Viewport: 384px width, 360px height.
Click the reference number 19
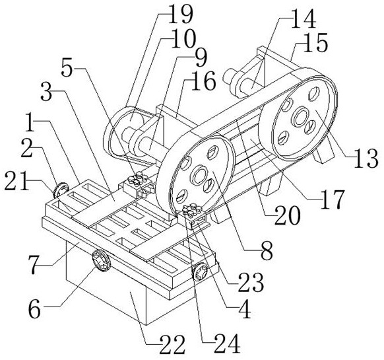point(181,15)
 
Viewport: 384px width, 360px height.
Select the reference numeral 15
point(315,44)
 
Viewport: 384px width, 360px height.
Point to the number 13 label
point(366,159)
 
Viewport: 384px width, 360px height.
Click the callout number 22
point(172,345)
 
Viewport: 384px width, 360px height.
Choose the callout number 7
point(36,266)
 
